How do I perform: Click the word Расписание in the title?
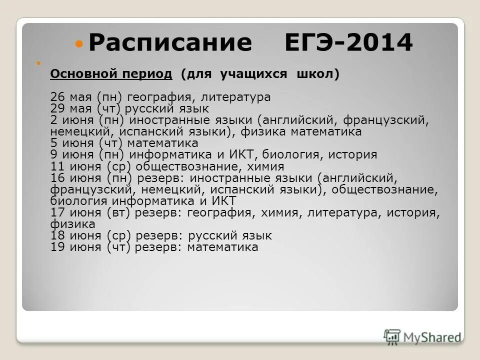click(170, 43)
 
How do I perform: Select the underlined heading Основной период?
click(111, 74)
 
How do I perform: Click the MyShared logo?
click(423, 336)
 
